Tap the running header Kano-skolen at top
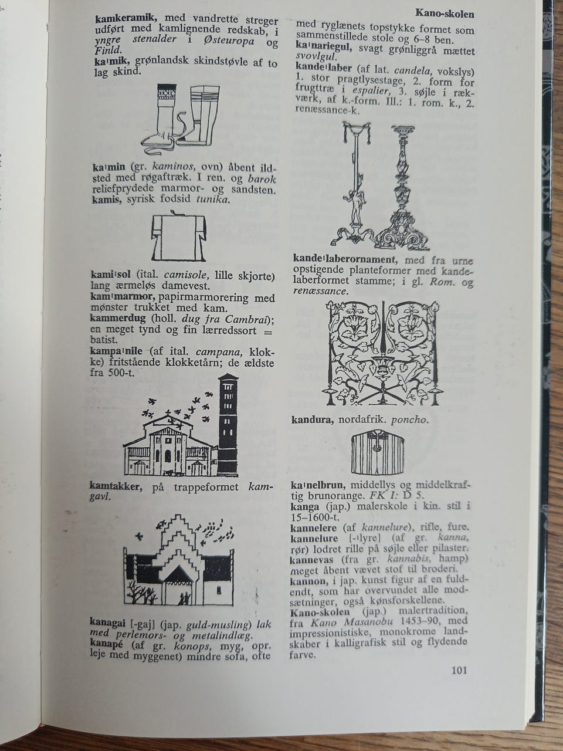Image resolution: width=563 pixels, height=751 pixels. [444, 13]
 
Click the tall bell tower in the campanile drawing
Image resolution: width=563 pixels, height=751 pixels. [228, 425]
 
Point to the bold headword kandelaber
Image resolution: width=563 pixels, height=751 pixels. [324, 67]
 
